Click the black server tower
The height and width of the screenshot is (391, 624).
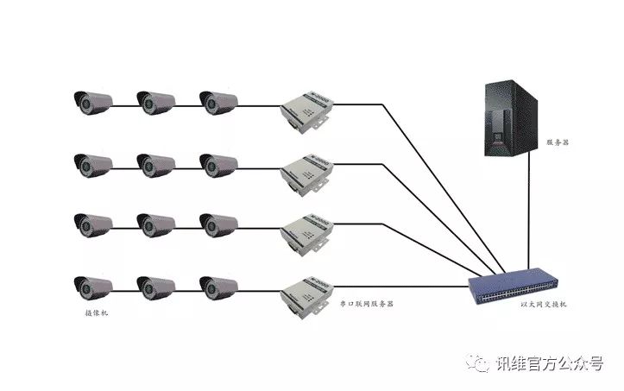tap(509, 120)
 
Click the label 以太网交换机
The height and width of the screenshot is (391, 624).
tap(543, 305)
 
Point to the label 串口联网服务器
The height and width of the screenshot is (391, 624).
tap(366, 305)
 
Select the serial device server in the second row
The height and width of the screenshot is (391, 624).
tap(305, 172)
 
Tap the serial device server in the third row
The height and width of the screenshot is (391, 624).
tap(305, 231)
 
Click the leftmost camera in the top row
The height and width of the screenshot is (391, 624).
tap(92, 102)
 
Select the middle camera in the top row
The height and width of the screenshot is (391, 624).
tap(155, 102)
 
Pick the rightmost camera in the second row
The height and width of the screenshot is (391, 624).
tap(218, 163)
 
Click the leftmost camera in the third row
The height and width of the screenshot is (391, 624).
tap(92, 224)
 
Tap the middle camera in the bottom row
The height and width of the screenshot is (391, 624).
tap(155, 286)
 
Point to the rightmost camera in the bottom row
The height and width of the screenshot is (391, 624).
tap(218, 286)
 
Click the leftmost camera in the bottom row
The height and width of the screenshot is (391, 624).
tap(92, 286)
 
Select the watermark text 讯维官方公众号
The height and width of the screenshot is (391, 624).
tap(549, 364)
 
